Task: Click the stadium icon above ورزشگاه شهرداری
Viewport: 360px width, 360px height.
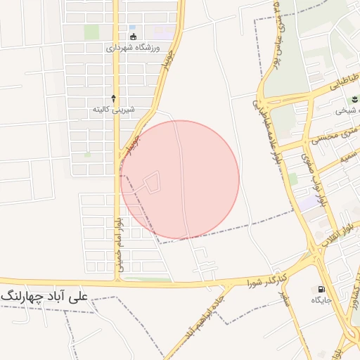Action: (134, 37)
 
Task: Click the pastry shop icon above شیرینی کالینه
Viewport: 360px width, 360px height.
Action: (114, 99)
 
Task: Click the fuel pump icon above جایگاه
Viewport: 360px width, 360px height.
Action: (321, 288)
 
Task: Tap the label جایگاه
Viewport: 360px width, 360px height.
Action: (321, 300)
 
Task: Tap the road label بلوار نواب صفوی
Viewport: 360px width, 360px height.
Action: (314, 179)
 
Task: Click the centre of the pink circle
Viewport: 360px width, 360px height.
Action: (180, 179)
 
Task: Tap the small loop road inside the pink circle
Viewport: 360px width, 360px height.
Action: (150, 181)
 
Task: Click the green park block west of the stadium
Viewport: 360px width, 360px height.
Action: (91, 32)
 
